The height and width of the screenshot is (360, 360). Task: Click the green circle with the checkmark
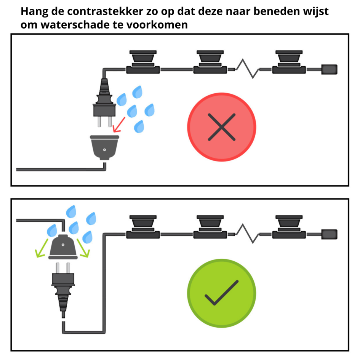tap(221, 293)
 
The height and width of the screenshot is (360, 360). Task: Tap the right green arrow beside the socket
tap(83, 248)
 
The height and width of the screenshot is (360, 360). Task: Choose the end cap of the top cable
tap(329, 69)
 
